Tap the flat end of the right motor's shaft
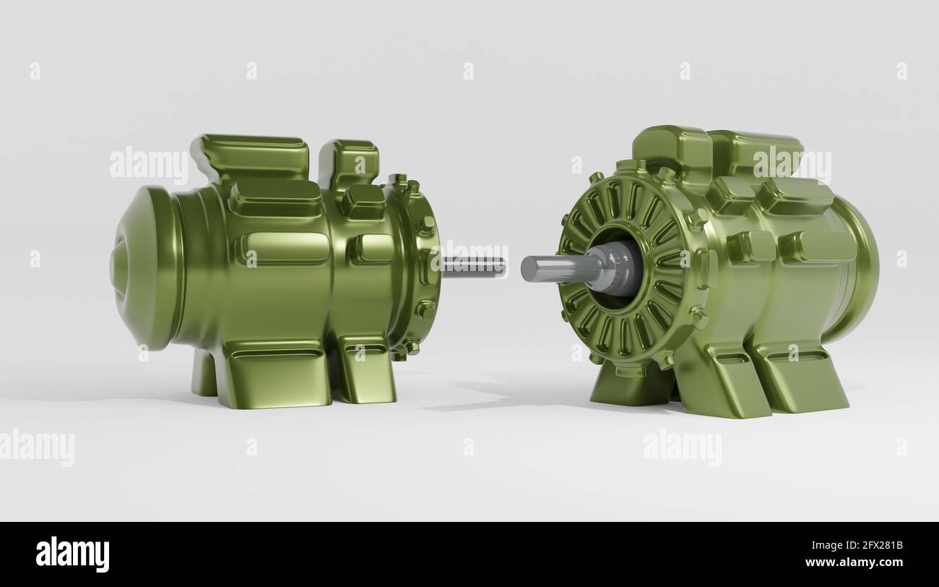(x=529, y=268)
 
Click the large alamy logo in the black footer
(x=72, y=554)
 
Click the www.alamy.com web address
(x=854, y=562)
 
